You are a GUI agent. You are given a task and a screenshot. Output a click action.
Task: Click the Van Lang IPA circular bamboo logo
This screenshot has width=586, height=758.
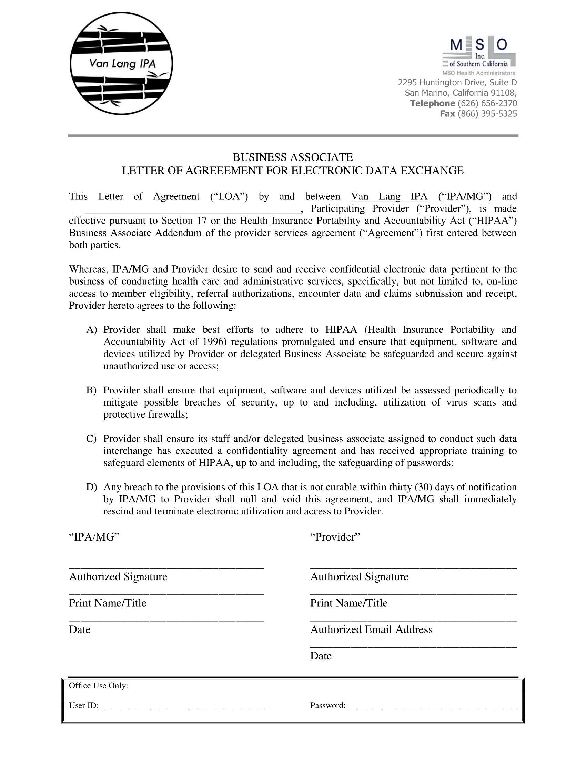point(121,63)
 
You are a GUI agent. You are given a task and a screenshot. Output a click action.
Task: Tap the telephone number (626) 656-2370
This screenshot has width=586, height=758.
point(487,103)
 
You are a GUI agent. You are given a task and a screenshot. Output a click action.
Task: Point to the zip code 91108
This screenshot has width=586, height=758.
point(503,93)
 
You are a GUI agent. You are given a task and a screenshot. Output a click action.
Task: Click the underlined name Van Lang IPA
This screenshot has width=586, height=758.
point(389,196)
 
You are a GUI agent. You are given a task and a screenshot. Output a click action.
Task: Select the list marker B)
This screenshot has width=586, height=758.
point(91,390)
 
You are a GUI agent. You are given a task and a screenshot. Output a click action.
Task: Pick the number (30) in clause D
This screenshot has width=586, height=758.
point(423,487)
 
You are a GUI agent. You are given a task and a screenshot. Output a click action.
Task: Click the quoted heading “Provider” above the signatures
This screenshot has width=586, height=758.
point(335,537)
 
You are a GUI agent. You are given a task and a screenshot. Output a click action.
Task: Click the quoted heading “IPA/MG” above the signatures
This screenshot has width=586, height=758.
point(94,537)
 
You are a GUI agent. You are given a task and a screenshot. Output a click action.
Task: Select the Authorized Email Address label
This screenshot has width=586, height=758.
point(371,629)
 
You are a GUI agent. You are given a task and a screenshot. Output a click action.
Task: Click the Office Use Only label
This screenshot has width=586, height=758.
point(99,685)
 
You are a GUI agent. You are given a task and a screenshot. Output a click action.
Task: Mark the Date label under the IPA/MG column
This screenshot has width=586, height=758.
point(80,629)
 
